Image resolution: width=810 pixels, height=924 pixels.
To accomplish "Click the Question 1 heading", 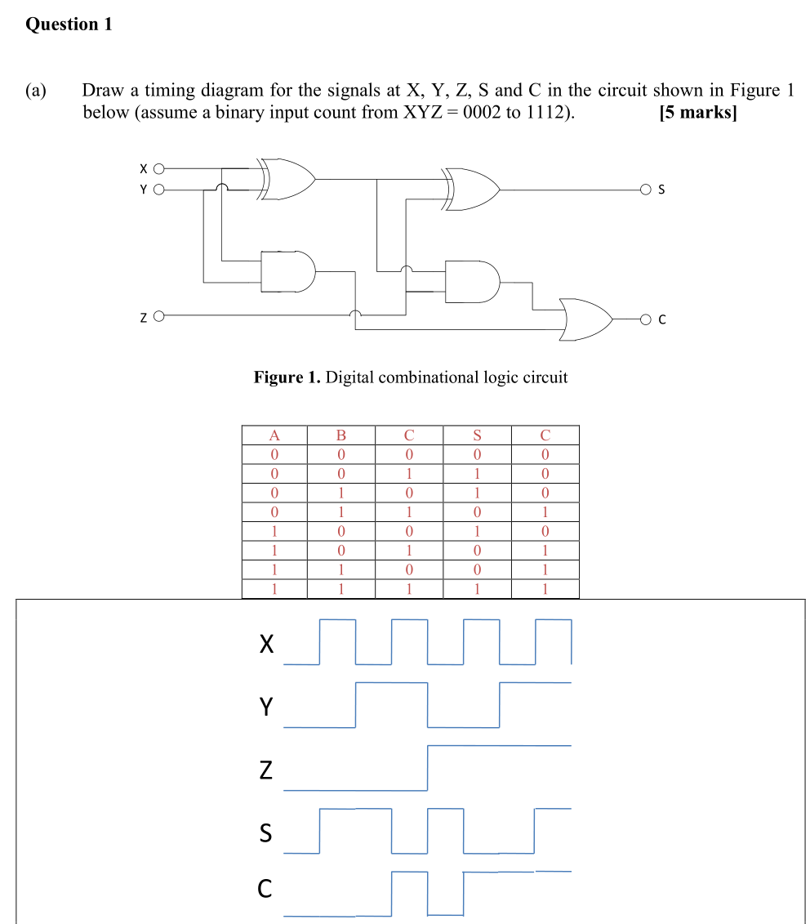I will (x=69, y=25).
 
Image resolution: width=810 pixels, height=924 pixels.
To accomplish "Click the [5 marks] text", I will (x=697, y=113).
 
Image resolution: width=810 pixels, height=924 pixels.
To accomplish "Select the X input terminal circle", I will (x=159, y=169).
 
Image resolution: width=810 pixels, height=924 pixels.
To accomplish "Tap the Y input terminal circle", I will (x=159, y=190).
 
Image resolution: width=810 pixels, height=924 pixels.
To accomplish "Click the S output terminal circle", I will (x=645, y=190).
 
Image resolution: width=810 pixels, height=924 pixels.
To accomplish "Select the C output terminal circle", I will (x=645, y=319).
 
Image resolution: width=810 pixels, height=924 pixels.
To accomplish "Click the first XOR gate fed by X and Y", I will (x=287, y=179).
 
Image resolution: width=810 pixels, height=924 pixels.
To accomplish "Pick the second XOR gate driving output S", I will (x=471, y=190).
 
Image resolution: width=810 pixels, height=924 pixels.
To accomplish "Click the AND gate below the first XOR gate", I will (x=287, y=271).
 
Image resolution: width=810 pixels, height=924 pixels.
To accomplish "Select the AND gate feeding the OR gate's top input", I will (x=471, y=282).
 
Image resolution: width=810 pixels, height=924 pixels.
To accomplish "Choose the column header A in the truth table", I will (x=274, y=435).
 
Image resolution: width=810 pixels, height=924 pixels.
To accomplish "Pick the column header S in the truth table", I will (x=477, y=435).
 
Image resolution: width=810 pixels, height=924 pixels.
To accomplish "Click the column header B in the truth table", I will (x=341, y=435).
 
